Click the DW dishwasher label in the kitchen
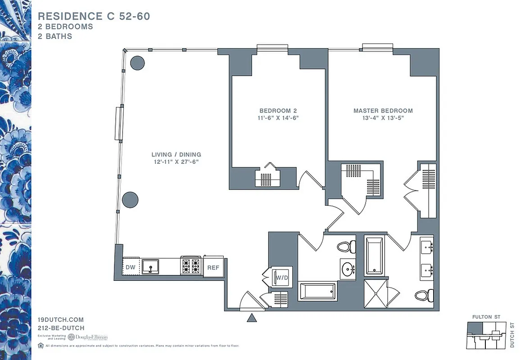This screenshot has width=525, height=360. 130,267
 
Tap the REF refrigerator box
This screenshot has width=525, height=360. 213,267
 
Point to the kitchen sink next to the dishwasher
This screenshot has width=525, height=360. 151,267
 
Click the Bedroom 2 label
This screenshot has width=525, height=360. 278,111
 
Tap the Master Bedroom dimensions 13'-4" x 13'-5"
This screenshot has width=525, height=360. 383,118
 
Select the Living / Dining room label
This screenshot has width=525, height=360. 176,154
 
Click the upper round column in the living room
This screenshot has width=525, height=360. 137,63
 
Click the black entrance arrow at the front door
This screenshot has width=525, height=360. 252,318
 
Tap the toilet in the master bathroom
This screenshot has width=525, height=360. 424,295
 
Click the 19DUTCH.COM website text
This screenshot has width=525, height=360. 61,319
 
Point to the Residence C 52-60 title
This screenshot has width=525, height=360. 94,16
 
